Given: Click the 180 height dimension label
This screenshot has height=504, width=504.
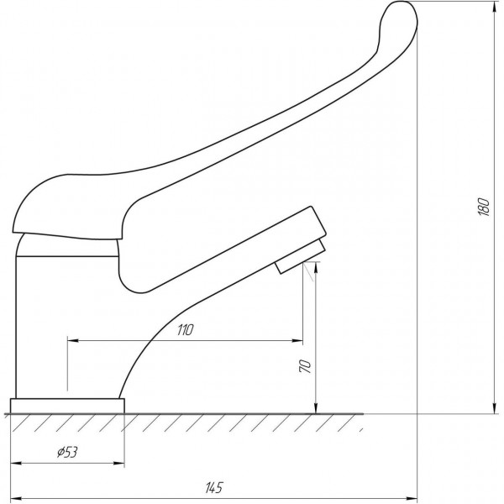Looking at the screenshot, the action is [x=484, y=207].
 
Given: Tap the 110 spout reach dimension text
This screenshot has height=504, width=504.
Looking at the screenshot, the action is [x=186, y=330].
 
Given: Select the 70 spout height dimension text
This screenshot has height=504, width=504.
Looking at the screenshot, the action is [x=305, y=366].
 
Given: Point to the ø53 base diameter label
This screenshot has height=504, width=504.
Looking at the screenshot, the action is [x=67, y=452].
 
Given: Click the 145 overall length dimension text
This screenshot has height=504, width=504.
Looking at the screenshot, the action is [x=213, y=487].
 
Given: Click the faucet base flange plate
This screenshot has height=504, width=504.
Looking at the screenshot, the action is [x=67, y=406].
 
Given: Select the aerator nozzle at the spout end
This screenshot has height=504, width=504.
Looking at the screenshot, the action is [x=300, y=256].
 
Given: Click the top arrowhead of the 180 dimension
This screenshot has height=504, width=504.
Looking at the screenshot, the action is [x=494, y=7].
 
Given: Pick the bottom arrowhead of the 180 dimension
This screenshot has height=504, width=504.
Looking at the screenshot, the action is [x=494, y=407].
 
